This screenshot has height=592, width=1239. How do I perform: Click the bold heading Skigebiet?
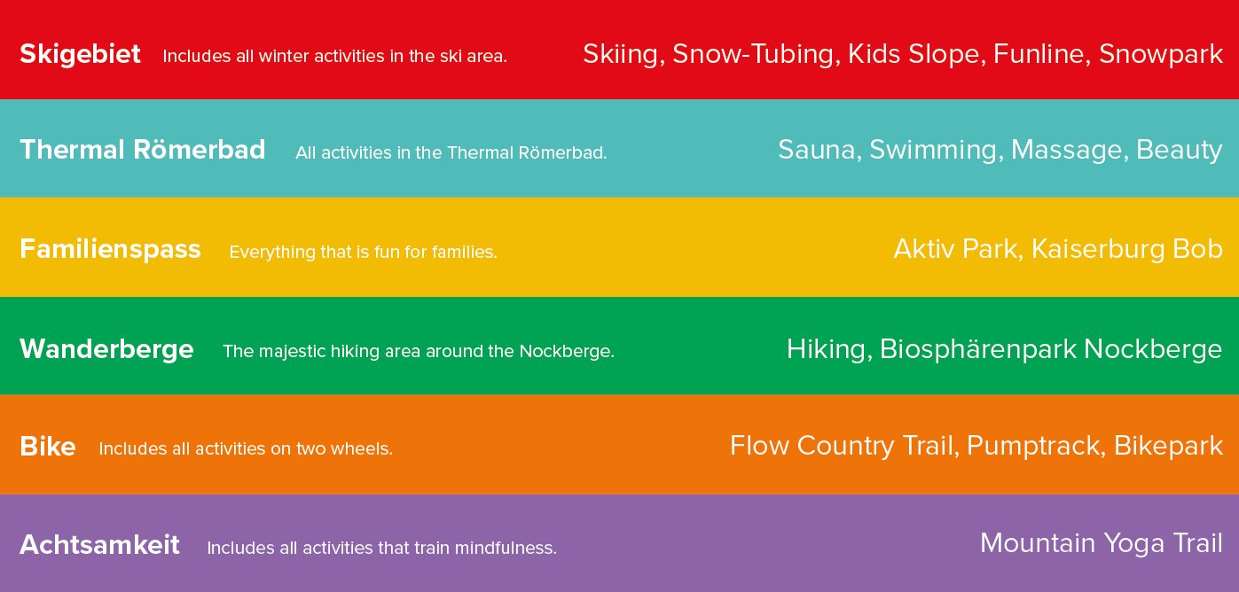pyautogui.click(x=80, y=55)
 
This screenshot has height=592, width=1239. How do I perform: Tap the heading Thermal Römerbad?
pyautogui.click(x=143, y=150)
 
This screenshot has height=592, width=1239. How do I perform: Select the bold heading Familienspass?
pyautogui.click(x=110, y=250)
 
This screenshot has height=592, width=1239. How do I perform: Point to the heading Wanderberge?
pyautogui.click(x=106, y=349)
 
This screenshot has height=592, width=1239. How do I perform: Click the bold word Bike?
pyautogui.click(x=48, y=447)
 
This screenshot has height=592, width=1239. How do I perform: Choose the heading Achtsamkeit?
pyautogui.click(x=99, y=545)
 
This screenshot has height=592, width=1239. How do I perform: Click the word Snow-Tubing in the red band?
pyautogui.click(x=757, y=55)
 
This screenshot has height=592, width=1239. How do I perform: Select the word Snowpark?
pyautogui.click(x=1161, y=55)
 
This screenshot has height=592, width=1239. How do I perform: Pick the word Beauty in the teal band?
pyautogui.click(x=1180, y=151)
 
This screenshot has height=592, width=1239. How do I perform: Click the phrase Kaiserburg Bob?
pyautogui.click(x=1127, y=249)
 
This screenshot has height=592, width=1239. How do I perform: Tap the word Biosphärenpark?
pyautogui.click(x=978, y=350)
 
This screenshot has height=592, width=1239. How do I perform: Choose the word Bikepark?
pyautogui.click(x=1168, y=447)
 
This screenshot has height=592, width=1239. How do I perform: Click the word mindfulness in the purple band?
pyautogui.click(x=506, y=548)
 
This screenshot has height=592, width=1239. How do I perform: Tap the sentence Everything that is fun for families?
pyautogui.click(x=364, y=252)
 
